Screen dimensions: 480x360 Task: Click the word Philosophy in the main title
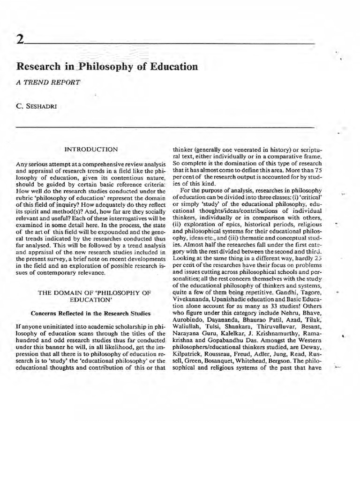pyautogui.click(x=104, y=67)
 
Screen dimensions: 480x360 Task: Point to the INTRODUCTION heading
pyautogui.click(x=91, y=149)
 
